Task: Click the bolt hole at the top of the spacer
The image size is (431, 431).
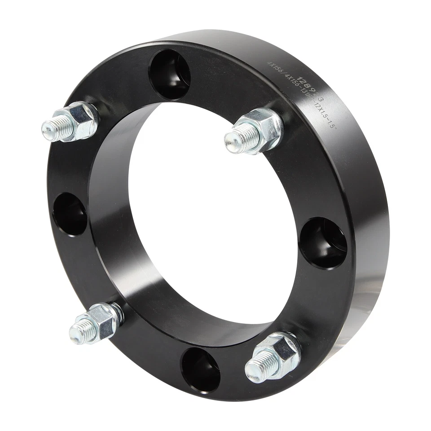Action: point(170,74)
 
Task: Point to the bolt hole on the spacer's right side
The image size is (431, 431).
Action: point(323,243)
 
